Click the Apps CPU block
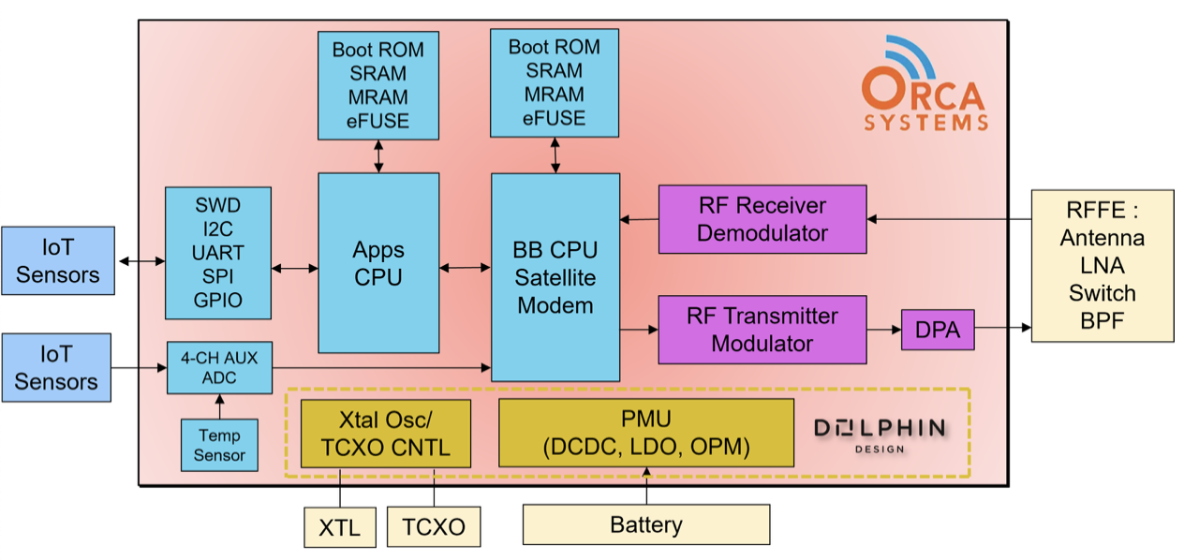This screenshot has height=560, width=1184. point(378,263)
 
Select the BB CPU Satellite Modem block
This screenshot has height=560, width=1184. point(555,277)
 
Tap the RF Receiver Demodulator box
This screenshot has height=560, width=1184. point(762,219)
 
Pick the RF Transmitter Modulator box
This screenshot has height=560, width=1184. point(762,330)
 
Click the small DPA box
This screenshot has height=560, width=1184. point(937,330)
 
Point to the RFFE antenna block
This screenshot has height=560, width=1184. point(1102,265)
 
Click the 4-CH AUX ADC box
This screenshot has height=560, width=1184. point(218,368)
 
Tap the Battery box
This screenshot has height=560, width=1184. point(645,524)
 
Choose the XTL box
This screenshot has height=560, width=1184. point(339,527)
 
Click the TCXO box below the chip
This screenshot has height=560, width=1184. point(434,527)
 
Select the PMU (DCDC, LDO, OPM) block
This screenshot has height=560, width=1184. point(646,432)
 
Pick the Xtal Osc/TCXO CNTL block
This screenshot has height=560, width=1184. point(386,432)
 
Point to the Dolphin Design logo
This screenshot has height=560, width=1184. point(879,433)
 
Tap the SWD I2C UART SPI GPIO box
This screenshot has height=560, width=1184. point(218,253)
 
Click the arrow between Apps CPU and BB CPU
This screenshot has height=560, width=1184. point(466,269)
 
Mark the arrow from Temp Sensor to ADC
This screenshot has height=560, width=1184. point(220,406)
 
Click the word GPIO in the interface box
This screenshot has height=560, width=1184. point(218,301)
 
